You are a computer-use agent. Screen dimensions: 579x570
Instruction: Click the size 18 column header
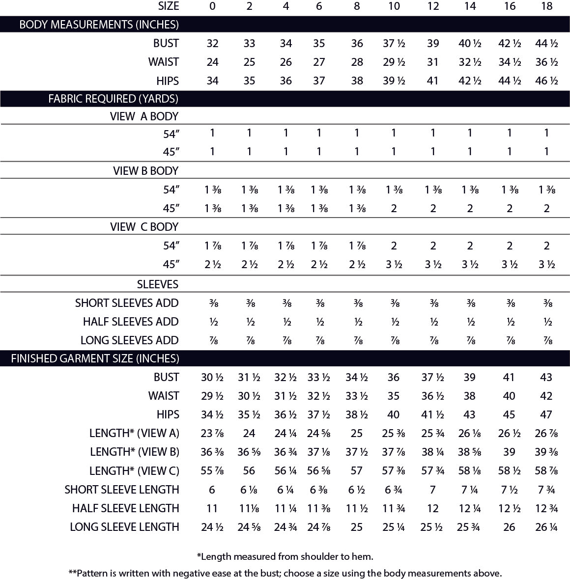tap(546, 6)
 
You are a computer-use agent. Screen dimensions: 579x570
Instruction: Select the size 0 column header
tap(212, 6)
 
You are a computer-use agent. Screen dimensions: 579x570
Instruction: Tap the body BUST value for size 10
tap(394, 43)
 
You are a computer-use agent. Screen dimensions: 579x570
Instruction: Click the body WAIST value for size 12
tap(432, 62)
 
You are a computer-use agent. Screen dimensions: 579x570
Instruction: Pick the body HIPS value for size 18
tap(546, 81)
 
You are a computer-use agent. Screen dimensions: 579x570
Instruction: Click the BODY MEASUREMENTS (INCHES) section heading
tap(99, 24)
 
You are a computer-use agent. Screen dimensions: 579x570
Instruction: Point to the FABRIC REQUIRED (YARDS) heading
tap(113, 99)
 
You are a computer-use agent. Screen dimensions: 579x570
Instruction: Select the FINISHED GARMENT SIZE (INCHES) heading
tap(95, 358)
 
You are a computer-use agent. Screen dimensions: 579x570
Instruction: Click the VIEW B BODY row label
tap(145, 171)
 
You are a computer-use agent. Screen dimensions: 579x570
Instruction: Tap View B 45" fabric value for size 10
tap(394, 208)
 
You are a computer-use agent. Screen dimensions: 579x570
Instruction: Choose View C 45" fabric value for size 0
tap(212, 264)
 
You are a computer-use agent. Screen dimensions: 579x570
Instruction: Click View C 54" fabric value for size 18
tap(546, 246)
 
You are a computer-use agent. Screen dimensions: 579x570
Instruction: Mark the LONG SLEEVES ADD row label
tap(129, 340)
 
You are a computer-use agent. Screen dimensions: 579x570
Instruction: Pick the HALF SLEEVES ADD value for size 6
tap(319, 322)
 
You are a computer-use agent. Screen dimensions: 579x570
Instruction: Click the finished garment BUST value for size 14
tap(470, 377)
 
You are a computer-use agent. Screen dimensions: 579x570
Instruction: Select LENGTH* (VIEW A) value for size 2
tap(249, 433)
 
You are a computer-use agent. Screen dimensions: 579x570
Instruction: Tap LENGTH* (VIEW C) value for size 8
tap(357, 470)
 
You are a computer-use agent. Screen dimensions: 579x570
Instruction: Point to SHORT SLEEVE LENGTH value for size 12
tap(432, 489)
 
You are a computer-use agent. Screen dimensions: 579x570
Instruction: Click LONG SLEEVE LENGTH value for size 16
tap(509, 526)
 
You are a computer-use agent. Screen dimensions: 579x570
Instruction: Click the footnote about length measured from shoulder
tap(285, 556)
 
